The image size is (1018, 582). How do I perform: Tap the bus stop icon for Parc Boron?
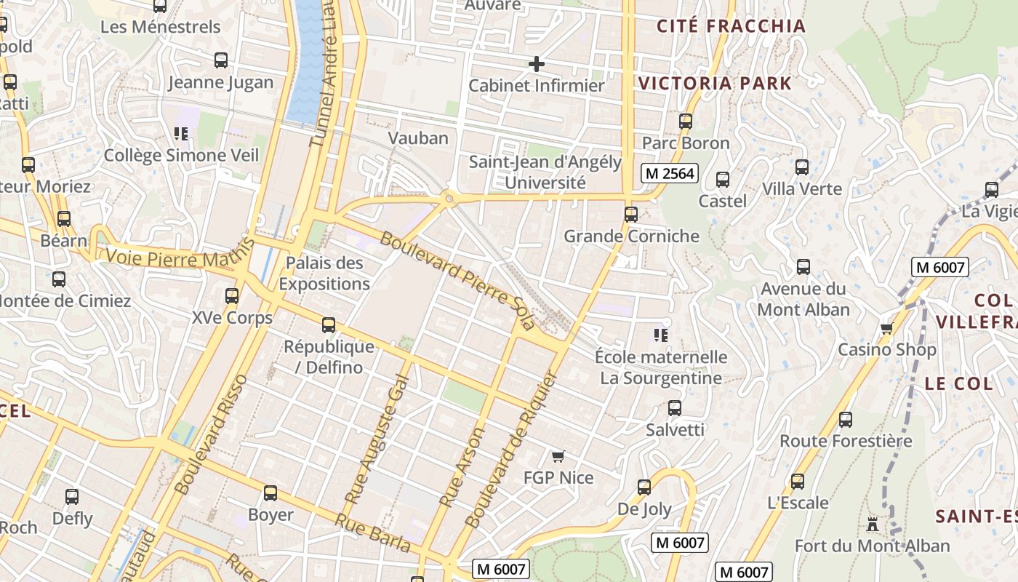tap(685, 121)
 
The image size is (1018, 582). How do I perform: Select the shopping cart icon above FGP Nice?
tap(558, 456)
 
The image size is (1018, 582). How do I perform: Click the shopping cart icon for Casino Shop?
tap(886, 329)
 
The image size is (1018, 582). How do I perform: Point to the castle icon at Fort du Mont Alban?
tap(872, 524)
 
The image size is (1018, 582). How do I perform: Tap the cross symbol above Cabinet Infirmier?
tap(536, 64)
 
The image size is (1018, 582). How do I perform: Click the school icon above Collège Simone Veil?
tap(181, 134)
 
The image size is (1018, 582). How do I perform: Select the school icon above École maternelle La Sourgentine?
tap(660, 335)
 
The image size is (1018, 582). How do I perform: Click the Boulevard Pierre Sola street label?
tap(457, 279)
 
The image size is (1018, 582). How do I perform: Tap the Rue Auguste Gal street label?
tap(377, 444)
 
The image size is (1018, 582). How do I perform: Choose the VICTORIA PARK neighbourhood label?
tap(715, 83)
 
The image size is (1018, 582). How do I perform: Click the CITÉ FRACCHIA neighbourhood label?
tap(731, 26)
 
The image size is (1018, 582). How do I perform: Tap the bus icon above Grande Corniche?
tap(630, 215)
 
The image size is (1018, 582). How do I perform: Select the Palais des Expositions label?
tap(324, 274)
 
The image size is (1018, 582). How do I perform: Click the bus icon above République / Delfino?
tap(329, 325)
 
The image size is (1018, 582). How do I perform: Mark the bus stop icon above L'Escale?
tap(798, 482)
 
